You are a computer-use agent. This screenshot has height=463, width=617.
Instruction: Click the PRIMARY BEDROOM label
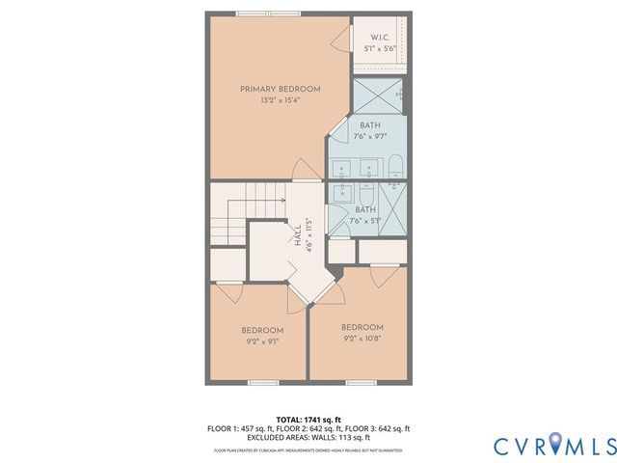[x=280, y=89]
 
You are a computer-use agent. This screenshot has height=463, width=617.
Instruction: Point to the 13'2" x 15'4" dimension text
[x=280, y=100]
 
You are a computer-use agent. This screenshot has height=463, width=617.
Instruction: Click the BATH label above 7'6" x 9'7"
[x=370, y=126]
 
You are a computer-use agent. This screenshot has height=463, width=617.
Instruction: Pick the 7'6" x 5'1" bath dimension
[x=365, y=221]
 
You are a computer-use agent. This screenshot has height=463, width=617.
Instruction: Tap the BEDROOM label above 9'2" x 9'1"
[x=262, y=329]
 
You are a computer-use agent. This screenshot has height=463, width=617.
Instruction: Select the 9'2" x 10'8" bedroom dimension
[x=362, y=339]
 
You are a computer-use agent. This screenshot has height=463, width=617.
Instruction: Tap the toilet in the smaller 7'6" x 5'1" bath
[x=395, y=183]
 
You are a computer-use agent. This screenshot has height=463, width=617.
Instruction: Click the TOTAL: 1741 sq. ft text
[x=308, y=420]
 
